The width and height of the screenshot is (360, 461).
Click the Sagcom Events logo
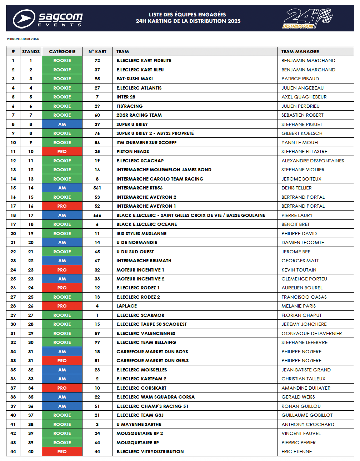[47, 19]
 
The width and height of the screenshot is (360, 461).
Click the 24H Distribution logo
[307, 19]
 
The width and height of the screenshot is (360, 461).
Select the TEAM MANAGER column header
[300, 52]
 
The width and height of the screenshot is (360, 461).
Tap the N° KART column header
[97, 52]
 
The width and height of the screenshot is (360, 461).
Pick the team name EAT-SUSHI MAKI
[134, 79]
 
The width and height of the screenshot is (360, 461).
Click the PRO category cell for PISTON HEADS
[62, 152]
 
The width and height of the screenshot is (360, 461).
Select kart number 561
[97, 188]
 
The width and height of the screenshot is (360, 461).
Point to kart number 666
[97, 216]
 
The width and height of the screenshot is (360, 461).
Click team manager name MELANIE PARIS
[298, 306]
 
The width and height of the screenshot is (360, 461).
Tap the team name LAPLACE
[126, 306]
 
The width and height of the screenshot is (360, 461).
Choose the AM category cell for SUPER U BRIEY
[62, 125]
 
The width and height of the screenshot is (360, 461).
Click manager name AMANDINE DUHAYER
[306, 388]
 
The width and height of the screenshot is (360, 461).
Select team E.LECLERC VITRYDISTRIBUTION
[150, 452]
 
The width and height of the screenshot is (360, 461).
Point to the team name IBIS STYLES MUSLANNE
[141, 234]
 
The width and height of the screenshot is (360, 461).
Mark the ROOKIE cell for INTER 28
[62, 97]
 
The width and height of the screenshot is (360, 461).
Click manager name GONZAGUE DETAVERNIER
[311, 334]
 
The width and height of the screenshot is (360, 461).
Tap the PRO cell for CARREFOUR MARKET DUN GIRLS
[62, 361]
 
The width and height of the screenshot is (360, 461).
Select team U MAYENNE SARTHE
[139, 425]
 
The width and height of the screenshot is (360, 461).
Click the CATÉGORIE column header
[62, 52]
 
